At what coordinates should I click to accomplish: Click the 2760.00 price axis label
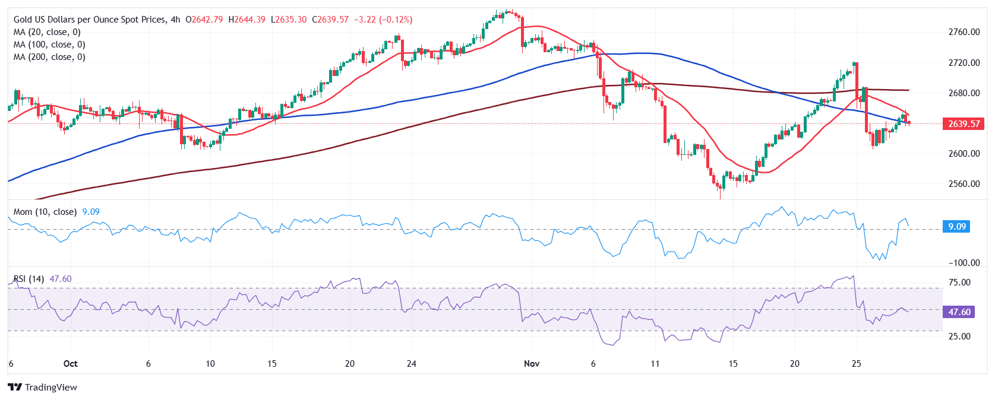[x=964, y=32]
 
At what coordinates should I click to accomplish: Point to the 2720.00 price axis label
[x=964, y=62]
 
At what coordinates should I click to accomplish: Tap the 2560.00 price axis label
[x=964, y=183]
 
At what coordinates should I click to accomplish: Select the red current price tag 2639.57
[x=963, y=124]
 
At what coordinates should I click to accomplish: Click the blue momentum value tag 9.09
[x=956, y=227]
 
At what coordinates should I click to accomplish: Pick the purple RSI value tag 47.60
[x=958, y=312]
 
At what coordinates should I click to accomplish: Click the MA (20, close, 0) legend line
[x=47, y=32]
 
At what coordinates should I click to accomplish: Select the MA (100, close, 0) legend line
[x=49, y=45]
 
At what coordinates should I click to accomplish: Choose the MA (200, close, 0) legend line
[x=49, y=57]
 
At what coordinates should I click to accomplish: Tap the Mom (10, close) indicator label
[x=45, y=212]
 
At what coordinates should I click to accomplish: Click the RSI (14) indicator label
[x=29, y=279]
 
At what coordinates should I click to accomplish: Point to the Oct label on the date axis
[x=70, y=364]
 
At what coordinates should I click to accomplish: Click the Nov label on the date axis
[x=532, y=364]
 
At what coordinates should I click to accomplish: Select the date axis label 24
[x=411, y=364]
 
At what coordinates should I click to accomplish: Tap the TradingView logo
[x=43, y=388]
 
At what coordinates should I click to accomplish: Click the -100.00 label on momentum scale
[x=964, y=262]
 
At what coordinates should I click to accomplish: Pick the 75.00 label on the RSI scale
[x=959, y=282]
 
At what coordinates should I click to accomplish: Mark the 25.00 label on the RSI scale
[x=959, y=336]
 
